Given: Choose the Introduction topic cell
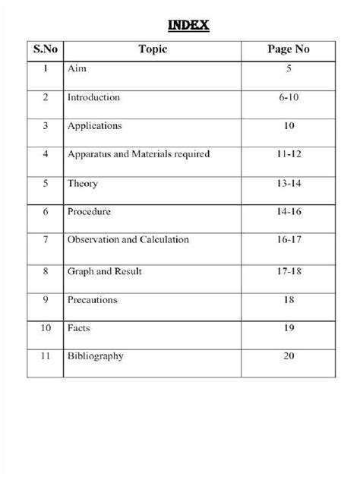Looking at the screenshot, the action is coord(93,98).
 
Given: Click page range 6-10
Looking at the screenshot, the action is coord(287,98).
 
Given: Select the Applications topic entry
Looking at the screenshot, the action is coord(94,126).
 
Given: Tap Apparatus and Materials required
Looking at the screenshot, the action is coord(138,154).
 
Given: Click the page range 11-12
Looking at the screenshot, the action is coord(287,154).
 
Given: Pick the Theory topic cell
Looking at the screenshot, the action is coord(83,184).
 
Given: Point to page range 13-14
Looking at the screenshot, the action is coord(287,184).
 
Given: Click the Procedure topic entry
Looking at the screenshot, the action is coord(89,212).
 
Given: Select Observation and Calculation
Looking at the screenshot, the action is coord(128,240).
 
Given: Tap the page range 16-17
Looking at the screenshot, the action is coord(287,240).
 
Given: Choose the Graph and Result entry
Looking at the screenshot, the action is coord(105,270).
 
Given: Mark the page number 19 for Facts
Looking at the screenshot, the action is coord(288,327).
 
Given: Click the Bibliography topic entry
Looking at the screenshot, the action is coord(96,355).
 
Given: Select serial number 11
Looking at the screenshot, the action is coord(46,355).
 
